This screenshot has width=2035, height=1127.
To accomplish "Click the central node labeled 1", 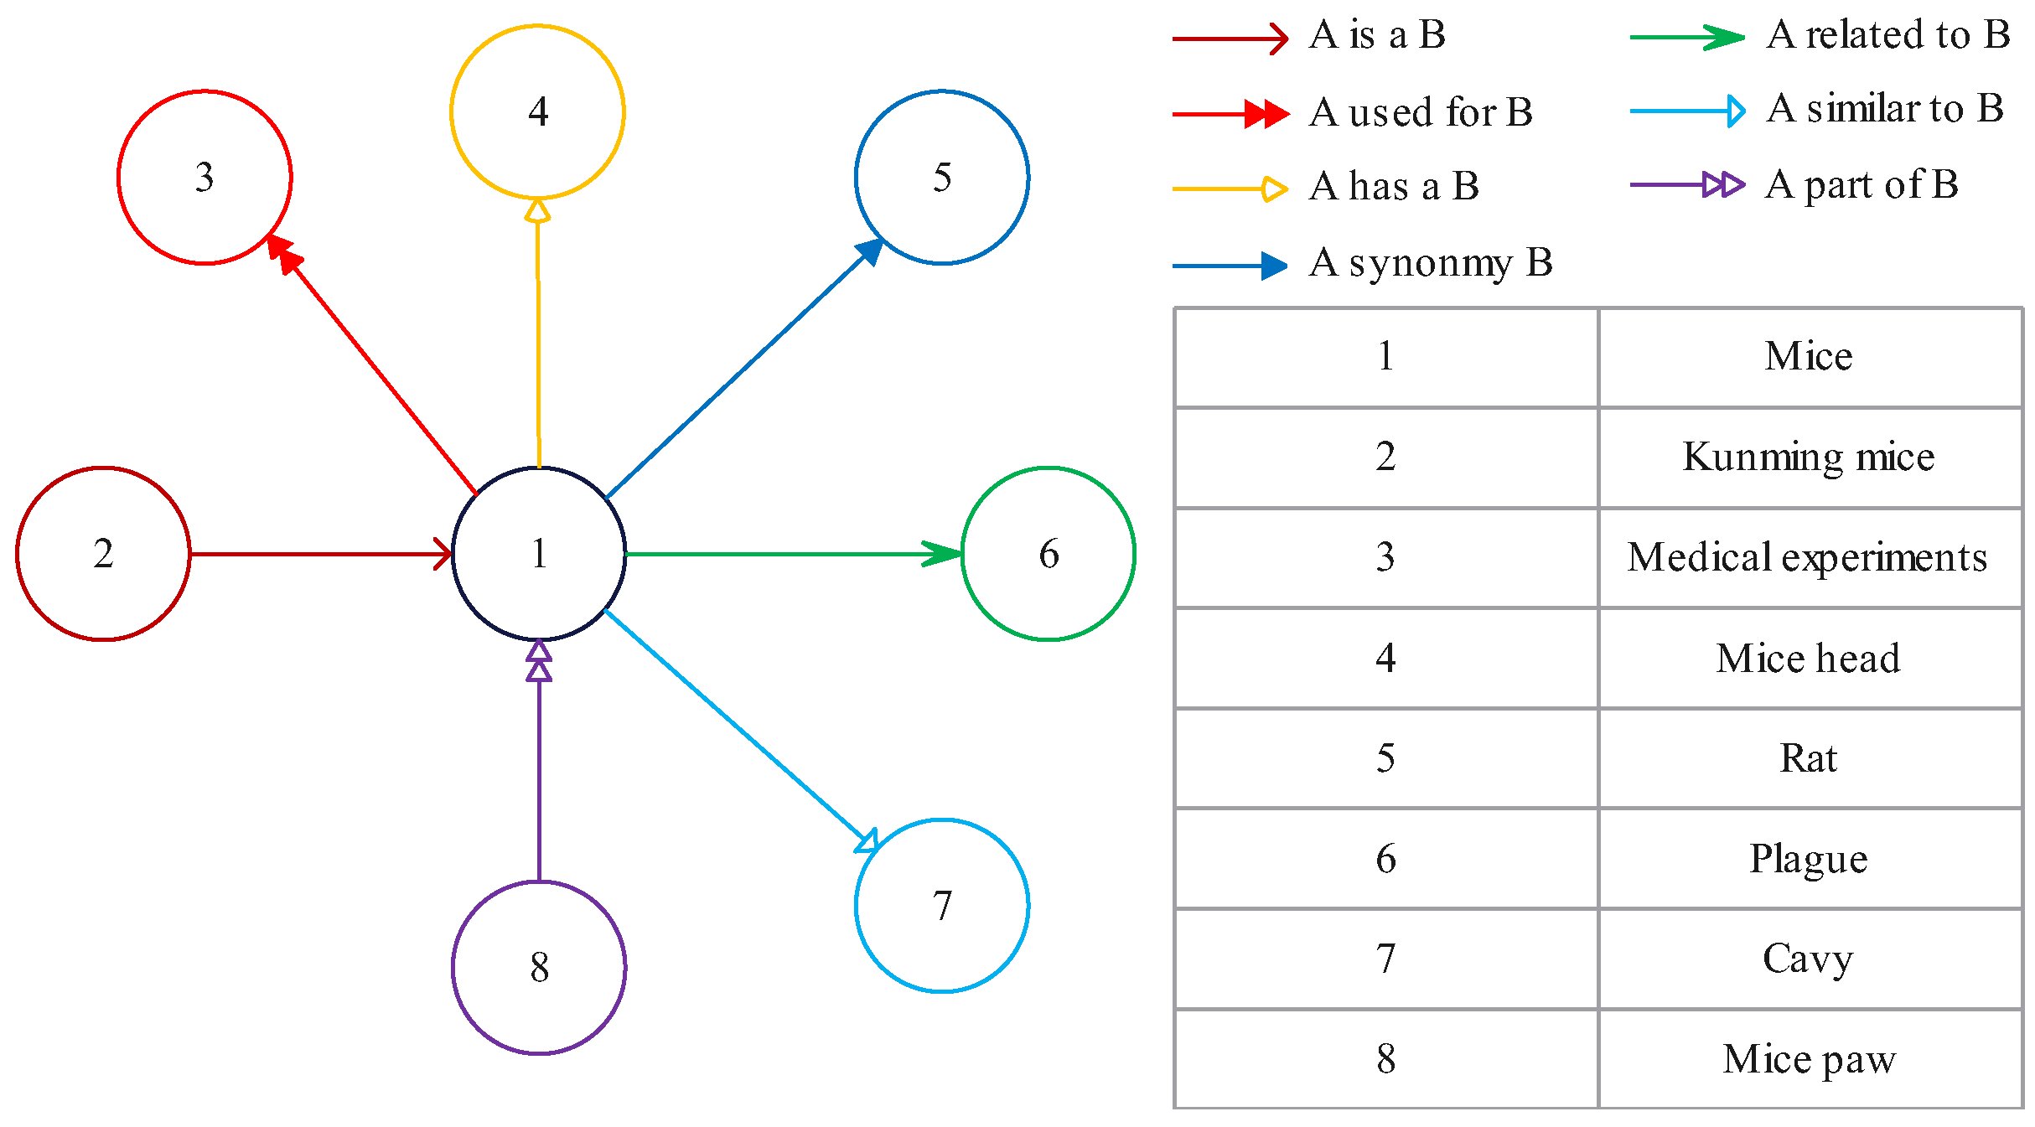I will (539, 554).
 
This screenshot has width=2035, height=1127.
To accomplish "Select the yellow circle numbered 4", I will (537, 111).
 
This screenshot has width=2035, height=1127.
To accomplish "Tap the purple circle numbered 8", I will (539, 967).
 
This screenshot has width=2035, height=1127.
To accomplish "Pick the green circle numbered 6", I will (1048, 554).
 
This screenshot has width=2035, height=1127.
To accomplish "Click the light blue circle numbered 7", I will (942, 905).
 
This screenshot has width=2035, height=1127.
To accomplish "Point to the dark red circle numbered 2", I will (103, 554).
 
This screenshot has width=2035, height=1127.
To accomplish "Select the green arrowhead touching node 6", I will (943, 554).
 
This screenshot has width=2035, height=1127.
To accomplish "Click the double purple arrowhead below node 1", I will (539, 661).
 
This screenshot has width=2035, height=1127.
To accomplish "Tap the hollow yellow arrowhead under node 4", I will (537, 211).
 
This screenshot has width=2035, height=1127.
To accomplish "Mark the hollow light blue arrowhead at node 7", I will (867, 841).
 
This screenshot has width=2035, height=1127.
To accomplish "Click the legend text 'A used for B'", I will (1421, 112).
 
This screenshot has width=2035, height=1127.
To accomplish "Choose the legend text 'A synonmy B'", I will (1431, 263).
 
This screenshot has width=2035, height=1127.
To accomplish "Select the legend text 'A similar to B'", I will (1884, 109).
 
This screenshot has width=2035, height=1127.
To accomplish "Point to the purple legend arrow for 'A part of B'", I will (1687, 184).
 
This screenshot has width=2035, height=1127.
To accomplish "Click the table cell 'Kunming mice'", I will (1809, 458).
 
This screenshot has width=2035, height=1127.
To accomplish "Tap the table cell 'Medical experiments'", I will (1809, 558).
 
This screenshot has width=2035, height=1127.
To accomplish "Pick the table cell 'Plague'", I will (1809, 859).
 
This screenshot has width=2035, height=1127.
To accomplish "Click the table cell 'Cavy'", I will (1809, 959).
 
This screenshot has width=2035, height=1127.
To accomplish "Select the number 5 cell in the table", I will (1385, 758).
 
